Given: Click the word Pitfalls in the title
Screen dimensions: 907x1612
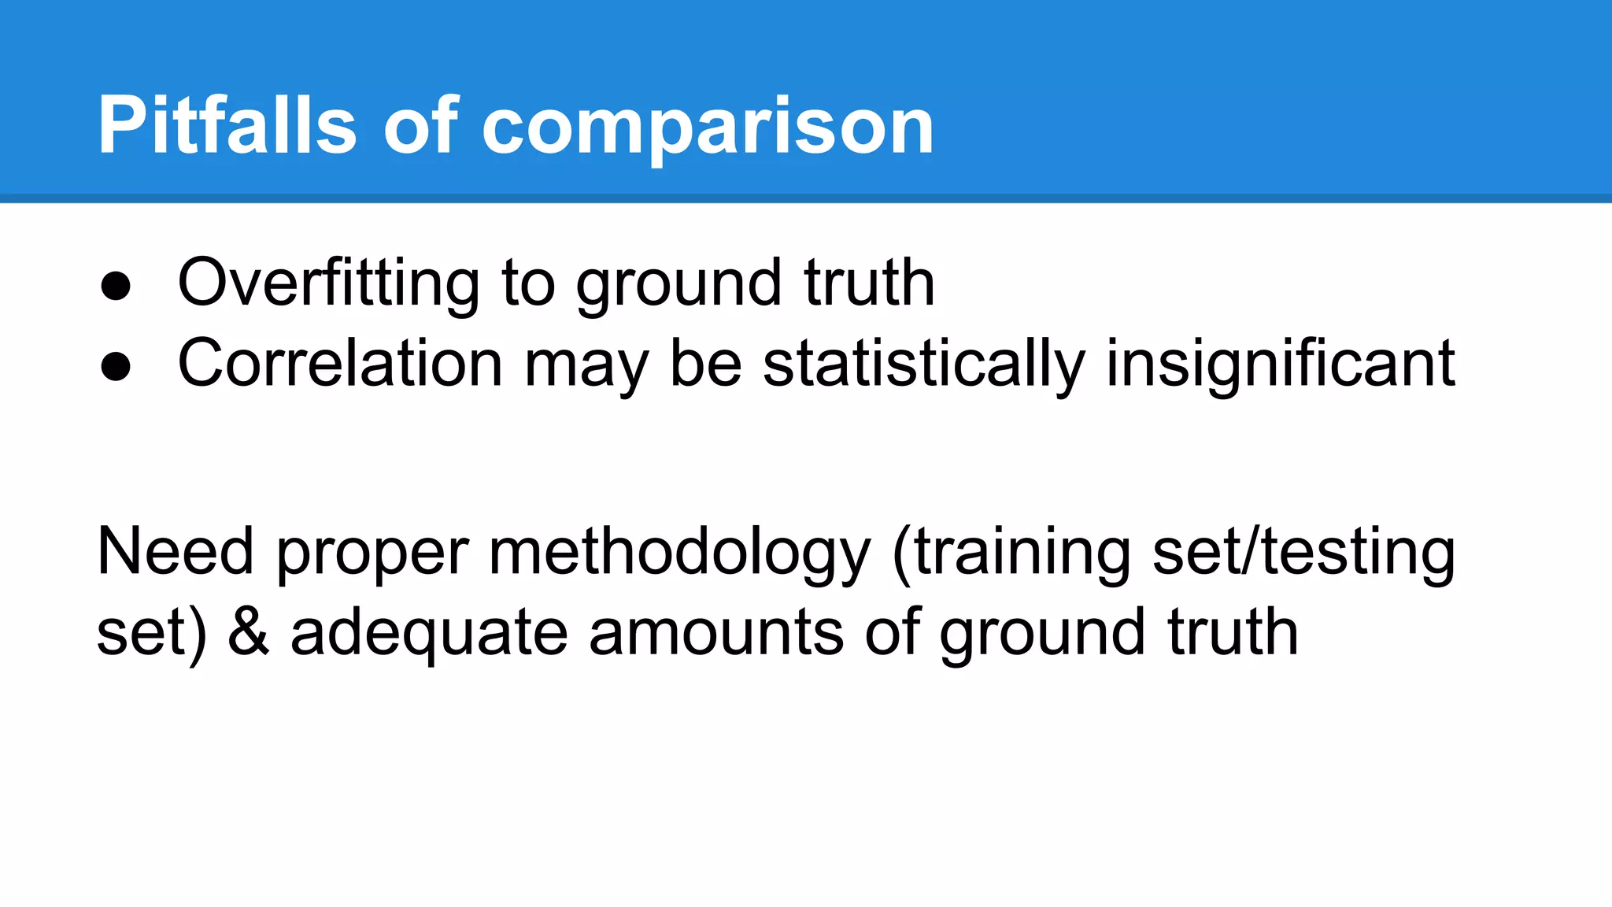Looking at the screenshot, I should coord(227,126).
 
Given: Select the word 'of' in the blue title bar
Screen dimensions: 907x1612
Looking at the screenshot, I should coord(420,126).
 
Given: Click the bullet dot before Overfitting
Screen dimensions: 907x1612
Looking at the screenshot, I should coord(116,287).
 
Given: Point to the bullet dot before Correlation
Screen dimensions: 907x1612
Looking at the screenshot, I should coord(116,367).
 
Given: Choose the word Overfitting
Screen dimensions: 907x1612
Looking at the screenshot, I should coord(328,283).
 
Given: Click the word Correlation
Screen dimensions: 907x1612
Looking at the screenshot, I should coord(340,364).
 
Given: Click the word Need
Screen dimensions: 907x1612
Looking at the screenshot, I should coord(175,551).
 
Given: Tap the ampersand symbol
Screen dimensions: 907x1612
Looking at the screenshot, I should coord(249,632).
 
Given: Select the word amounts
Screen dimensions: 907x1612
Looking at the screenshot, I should coord(716,632).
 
